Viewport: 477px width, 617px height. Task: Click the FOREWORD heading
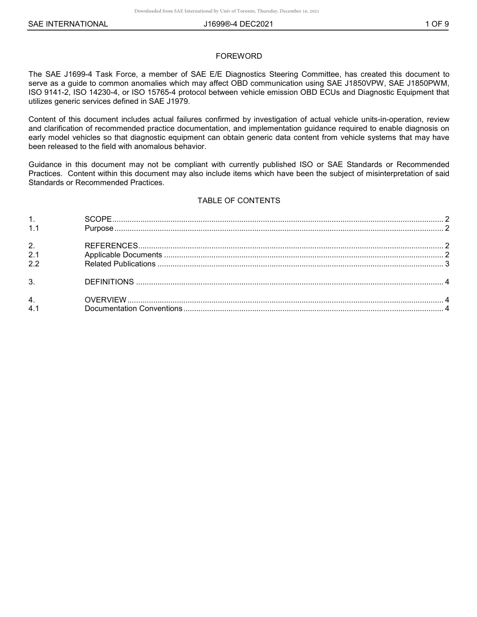pyautogui.click(x=238, y=56)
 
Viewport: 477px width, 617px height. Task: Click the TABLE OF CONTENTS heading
pyautogui.click(x=238, y=201)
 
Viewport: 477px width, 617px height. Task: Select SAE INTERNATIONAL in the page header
pyautogui.click(x=68, y=24)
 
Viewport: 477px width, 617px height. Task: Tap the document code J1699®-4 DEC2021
pyautogui.click(x=238, y=24)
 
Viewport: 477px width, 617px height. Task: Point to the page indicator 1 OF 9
pyautogui.click(x=436, y=24)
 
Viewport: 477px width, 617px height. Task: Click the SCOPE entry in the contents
pyautogui.click(x=98, y=219)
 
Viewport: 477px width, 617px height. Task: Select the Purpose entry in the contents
pyautogui.click(x=99, y=228)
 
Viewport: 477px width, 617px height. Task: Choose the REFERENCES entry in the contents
pyautogui.click(x=111, y=246)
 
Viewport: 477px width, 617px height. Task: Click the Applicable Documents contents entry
pyautogui.click(x=123, y=255)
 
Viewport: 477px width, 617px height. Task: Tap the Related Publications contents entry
pyautogui.click(x=120, y=264)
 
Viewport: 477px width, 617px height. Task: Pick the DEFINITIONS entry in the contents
pyautogui.click(x=109, y=282)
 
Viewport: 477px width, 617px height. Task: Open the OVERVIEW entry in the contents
pyautogui.click(x=105, y=300)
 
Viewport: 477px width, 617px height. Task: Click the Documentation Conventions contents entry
pyautogui.click(x=133, y=308)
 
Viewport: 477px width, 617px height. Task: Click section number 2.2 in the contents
pyautogui.click(x=34, y=264)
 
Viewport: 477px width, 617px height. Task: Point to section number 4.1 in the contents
pyautogui.click(x=34, y=308)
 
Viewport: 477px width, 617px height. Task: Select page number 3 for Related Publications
pyautogui.click(x=447, y=264)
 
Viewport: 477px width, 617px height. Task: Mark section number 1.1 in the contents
pyautogui.click(x=34, y=228)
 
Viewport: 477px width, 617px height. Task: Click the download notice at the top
pyautogui.click(x=226, y=11)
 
